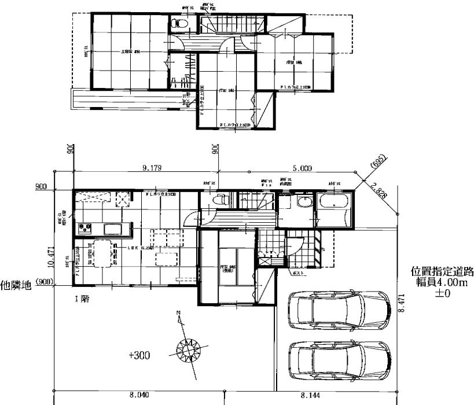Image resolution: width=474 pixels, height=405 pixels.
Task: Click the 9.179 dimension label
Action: (152, 168)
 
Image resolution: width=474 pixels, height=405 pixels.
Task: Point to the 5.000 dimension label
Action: (302, 168)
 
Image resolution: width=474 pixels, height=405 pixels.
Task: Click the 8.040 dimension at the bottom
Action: (139, 395)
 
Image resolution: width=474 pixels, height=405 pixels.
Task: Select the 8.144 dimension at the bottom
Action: (310, 395)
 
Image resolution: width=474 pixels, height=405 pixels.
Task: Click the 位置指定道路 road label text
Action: (442, 271)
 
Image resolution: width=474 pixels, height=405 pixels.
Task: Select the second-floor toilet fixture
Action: (179, 24)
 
